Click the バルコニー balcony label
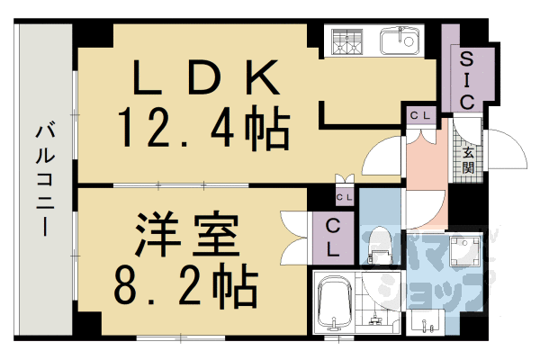(43, 180)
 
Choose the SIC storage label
(466, 79)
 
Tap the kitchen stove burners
(346, 41)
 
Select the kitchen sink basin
(396, 41)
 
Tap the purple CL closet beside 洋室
(332, 238)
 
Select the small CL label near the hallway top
(420, 115)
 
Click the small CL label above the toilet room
(345, 197)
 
